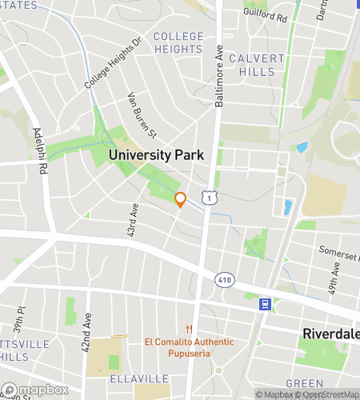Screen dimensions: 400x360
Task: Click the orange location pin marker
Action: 180,199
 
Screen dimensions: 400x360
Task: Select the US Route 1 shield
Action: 208,196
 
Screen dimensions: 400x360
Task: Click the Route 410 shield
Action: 224,279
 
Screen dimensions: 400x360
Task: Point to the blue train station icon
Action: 264,304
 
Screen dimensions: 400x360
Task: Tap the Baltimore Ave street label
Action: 218,76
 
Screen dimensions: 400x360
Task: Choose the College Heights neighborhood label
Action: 178,42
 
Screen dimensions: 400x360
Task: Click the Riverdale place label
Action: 330,334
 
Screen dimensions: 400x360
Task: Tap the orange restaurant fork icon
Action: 190,328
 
